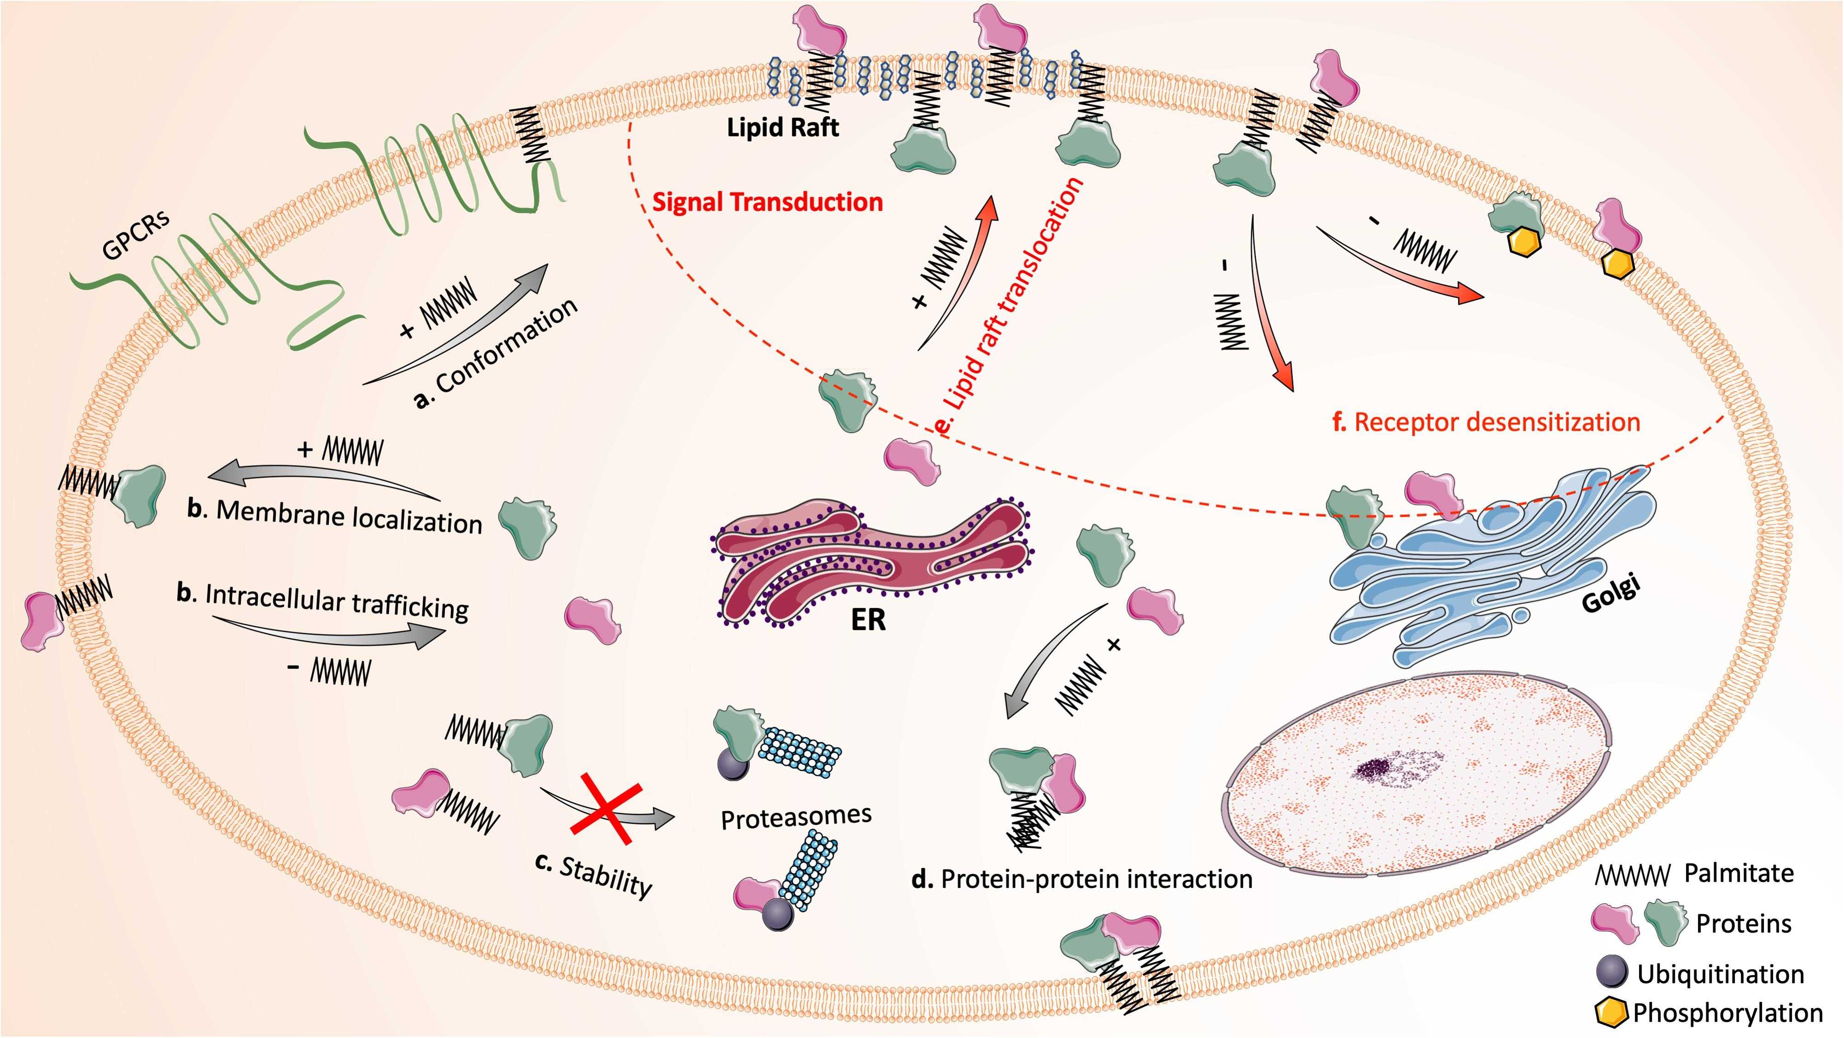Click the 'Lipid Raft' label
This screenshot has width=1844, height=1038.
(x=782, y=128)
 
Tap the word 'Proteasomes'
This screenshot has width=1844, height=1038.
(x=796, y=817)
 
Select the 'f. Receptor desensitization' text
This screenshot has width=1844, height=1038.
(x=1486, y=422)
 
